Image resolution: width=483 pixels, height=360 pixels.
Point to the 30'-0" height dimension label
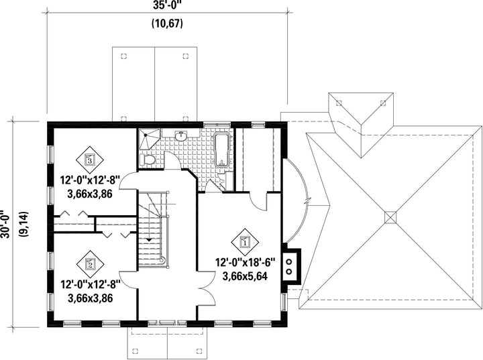tap(5, 224)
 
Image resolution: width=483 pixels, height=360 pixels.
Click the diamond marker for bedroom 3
tap(90, 160)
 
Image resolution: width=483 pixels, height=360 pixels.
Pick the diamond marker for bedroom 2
tap(90, 263)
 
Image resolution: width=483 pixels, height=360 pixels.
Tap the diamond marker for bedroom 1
tap(245, 242)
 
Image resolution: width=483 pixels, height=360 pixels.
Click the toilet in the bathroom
tap(147, 160)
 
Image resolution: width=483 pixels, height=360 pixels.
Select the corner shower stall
tap(149, 139)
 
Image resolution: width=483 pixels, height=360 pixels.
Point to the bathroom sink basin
tap(181, 136)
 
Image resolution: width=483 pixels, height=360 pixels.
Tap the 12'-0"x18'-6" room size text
tap(245, 263)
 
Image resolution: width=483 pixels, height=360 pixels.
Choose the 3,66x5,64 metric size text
tap(245, 276)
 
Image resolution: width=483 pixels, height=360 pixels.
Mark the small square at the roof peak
tap(391, 217)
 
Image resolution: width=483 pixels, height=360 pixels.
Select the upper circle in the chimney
tap(289, 261)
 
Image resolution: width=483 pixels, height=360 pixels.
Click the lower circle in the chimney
tap(289, 272)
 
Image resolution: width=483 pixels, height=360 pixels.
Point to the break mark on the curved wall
tap(308, 200)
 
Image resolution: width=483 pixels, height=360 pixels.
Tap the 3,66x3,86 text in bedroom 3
tap(90, 194)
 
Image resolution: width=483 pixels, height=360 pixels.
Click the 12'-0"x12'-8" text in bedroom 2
tap(90, 284)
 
